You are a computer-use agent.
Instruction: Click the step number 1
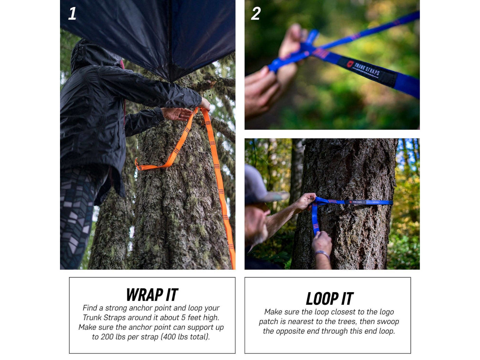[72, 13]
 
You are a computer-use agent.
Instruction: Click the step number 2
[256, 13]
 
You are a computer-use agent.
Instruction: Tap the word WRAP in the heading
[145, 295]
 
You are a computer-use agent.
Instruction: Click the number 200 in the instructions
[107, 337]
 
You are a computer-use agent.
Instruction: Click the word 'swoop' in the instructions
[387, 322]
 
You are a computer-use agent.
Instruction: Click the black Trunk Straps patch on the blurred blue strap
[367, 71]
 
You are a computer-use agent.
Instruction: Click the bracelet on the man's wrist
[322, 254]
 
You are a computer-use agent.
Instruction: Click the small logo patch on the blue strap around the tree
[355, 202]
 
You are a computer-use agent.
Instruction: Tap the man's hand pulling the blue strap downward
[322, 240]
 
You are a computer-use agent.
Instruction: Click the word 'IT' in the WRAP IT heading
[172, 295]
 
